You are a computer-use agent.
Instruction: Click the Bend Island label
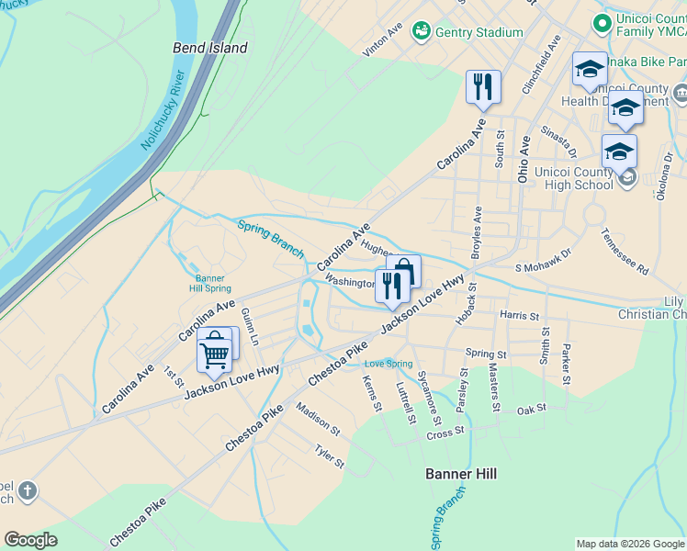[210, 47]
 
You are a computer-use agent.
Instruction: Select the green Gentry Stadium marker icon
[422, 32]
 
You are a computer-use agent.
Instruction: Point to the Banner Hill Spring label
[209, 283]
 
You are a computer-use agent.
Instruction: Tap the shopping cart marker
[214, 354]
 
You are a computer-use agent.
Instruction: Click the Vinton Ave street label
[382, 40]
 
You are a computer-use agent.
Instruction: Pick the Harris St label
[519, 315]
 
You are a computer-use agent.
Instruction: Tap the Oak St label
[532, 410]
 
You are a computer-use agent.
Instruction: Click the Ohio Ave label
[524, 160]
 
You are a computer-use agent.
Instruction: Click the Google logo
[30, 540]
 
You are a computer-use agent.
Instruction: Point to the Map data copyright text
[629, 544]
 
